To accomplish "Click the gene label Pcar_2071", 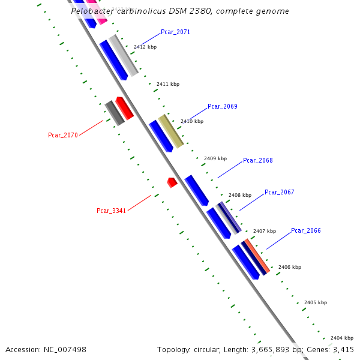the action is point(175,32).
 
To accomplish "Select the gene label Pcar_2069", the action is point(222,106).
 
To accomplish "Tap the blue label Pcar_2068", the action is point(257,160).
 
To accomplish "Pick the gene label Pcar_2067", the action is point(279,192).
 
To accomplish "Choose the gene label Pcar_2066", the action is point(305,230).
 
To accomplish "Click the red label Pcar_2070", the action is point(63,135).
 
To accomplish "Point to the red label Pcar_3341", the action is point(111,211).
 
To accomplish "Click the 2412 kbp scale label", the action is point(145,47).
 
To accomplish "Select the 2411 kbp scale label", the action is point(167,85).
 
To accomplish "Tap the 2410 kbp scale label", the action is point(191,121).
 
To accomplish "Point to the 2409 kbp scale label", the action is point(215,158).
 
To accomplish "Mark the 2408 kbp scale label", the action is point(239,195).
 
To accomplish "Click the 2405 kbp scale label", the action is point(316,302).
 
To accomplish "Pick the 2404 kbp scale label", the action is point(341,338).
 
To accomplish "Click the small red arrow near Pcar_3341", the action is point(172,182).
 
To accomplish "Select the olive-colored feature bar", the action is point(170,131).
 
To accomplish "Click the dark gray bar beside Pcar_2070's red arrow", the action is point(114,113).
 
